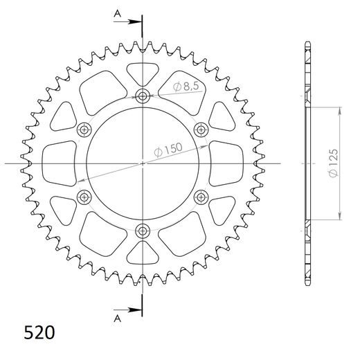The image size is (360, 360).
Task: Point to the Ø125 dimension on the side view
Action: tap(334, 163)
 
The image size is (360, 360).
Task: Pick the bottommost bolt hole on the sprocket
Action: tap(143, 231)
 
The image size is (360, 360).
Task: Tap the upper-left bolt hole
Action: tap(84, 129)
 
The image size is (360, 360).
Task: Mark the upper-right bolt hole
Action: tap(201, 129)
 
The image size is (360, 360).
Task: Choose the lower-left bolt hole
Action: tap(84, 197)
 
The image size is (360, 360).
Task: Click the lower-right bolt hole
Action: tap(201, 197)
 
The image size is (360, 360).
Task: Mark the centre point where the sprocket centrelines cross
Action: tap(143, 163)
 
